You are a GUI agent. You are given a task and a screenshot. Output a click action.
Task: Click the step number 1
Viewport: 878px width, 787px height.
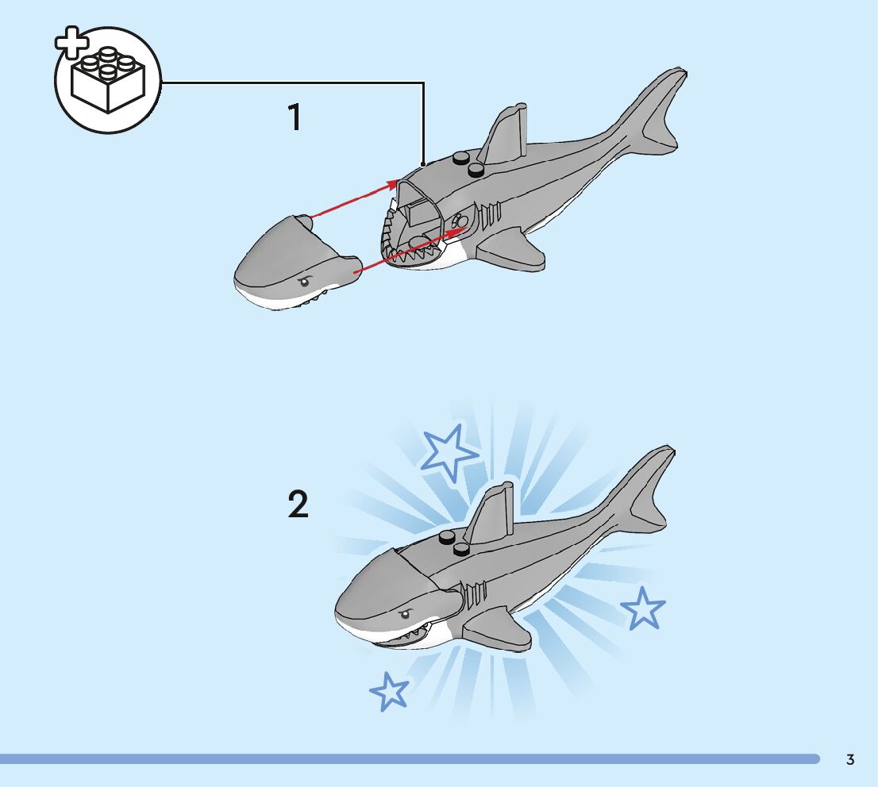[x=295, y=117]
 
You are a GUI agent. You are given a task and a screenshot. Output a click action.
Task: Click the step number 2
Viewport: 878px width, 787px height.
[x=298, y=504]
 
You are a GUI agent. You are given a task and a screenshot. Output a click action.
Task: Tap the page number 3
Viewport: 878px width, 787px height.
[x=850, y=759]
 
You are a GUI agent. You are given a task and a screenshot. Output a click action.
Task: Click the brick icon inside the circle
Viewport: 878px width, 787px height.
[x=108, y=81]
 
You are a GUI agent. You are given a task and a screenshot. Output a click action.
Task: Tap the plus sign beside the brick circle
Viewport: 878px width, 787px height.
[x=71, y=42]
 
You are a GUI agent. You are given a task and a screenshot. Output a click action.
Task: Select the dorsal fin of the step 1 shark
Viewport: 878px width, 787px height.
[x=504, y=133]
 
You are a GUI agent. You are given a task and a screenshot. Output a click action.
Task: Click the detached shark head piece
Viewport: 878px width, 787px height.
[x=298, y=261]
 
